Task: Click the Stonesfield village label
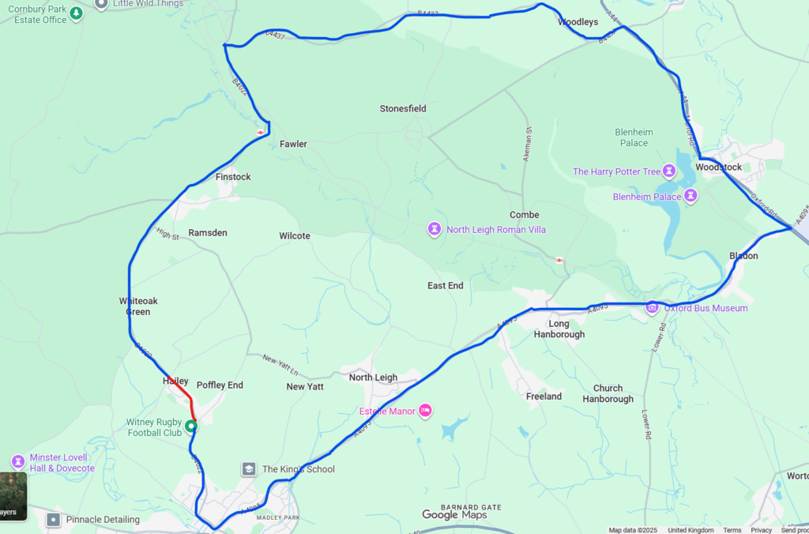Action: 403,108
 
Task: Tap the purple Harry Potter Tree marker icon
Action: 669,171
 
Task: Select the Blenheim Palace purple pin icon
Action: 690,195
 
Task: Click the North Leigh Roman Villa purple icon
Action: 435,229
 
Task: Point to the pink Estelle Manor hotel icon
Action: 425,409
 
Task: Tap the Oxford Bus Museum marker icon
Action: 653,307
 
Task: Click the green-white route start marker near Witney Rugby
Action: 191,427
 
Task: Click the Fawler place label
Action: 293,144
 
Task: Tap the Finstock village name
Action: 233,177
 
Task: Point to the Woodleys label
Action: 578,22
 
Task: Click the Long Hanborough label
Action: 559,329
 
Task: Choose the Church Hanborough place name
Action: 608,393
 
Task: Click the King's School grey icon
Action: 249,469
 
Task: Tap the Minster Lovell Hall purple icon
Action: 18,461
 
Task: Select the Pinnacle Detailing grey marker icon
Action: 53,520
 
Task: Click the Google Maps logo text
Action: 454,515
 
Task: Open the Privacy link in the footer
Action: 761,530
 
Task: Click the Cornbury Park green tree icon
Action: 76,13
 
